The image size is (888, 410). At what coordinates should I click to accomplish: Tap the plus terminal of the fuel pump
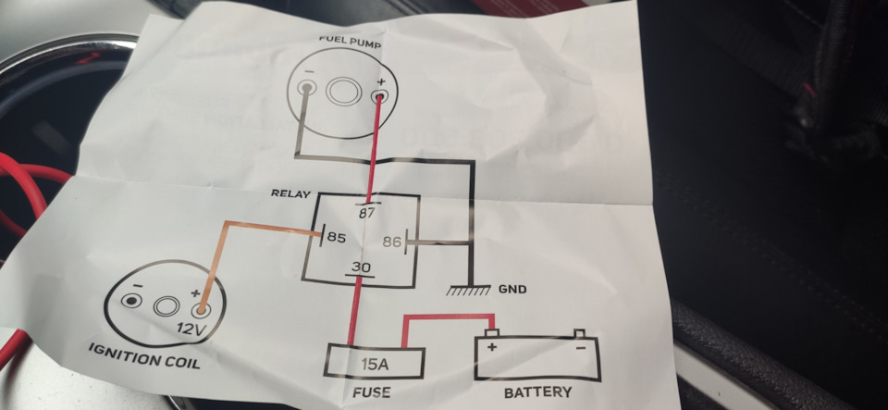tap(379, 96)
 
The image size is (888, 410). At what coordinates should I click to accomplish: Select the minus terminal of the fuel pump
tap(306, 88)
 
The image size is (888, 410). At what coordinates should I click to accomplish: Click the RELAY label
tap(290, 193)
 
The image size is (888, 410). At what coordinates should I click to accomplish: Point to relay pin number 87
tap(368, 213)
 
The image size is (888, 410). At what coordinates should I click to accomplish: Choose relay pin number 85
tap(336, 238)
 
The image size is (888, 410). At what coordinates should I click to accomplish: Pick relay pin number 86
tap(392, 242)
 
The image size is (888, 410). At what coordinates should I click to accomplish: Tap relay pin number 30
tap(361, 267)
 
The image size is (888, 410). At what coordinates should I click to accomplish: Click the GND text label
tap(512, 290)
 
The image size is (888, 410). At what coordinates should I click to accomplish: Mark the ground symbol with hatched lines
tap(469, 290)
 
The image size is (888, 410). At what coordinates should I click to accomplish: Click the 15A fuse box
tap(375, 362)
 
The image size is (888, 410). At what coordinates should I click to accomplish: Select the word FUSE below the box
tap(371, 391)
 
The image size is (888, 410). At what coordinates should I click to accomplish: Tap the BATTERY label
tap(537, 391)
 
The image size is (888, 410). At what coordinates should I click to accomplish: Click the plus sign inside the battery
tap(491, 347)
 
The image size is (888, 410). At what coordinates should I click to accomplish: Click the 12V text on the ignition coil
tap(189, 329)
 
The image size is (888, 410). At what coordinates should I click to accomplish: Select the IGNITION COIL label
tap(144, 355)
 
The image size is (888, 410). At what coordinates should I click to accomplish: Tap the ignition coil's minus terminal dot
tap(132, 301)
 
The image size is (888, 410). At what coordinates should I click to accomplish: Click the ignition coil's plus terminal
tap(200, 310)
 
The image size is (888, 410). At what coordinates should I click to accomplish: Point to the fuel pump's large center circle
tap(342, 92)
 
